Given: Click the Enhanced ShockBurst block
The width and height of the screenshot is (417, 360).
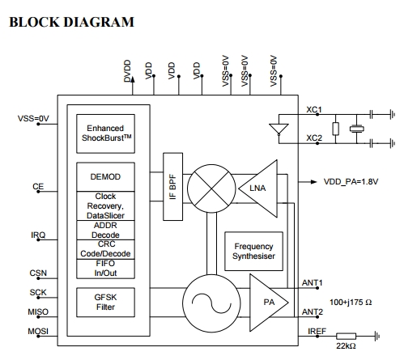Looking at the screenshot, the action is click(x=105, y=133).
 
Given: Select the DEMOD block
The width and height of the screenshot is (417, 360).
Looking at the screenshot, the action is click(x=105, y=177).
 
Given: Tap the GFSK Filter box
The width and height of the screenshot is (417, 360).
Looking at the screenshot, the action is click(x=105, y=303).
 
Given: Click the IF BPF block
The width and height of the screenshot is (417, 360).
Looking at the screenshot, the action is click(x=172, y=187).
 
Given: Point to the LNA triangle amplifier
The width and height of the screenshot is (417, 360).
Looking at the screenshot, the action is click(x=257, y=188).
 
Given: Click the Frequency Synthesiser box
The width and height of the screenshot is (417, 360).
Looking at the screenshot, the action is click(x=253, y=251).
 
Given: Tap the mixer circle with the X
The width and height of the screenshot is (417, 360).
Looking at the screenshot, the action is click(x=211, y=188).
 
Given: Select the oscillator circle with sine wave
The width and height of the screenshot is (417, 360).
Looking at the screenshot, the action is click(x=211, y=303).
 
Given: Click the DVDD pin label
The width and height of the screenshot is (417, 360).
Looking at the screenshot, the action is click(x=127, y=71).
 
